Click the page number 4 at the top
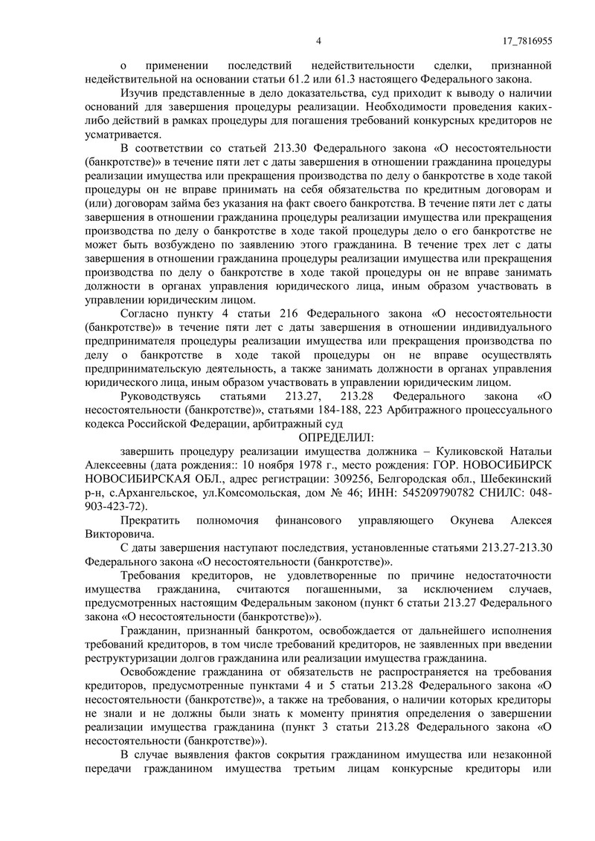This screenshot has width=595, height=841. point(318,41)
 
